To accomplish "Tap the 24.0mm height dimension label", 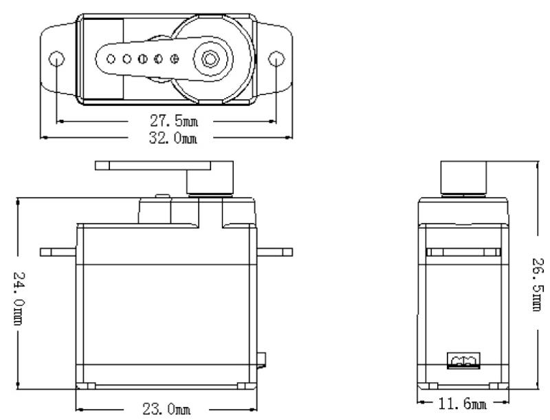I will (20, 297).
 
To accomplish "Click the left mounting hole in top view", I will (57, 58).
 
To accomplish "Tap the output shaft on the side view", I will (463, 178).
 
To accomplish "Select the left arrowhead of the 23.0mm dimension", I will (79, 408).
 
